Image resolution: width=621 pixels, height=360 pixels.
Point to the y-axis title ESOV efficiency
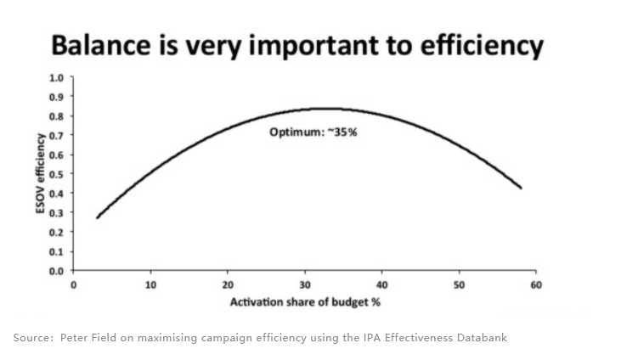click(40, 174)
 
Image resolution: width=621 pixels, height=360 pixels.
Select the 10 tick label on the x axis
click(150, 285)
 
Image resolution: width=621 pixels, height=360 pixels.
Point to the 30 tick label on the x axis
click(304, 285)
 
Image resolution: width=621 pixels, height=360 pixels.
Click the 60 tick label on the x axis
click(535, 285)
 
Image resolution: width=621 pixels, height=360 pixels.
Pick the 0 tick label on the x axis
click(74, 285)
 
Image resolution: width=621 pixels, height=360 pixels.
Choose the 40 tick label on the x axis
click(381, 285)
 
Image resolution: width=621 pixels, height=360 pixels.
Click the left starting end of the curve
click(98, 218)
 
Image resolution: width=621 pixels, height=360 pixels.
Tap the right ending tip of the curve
click(520, 188)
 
